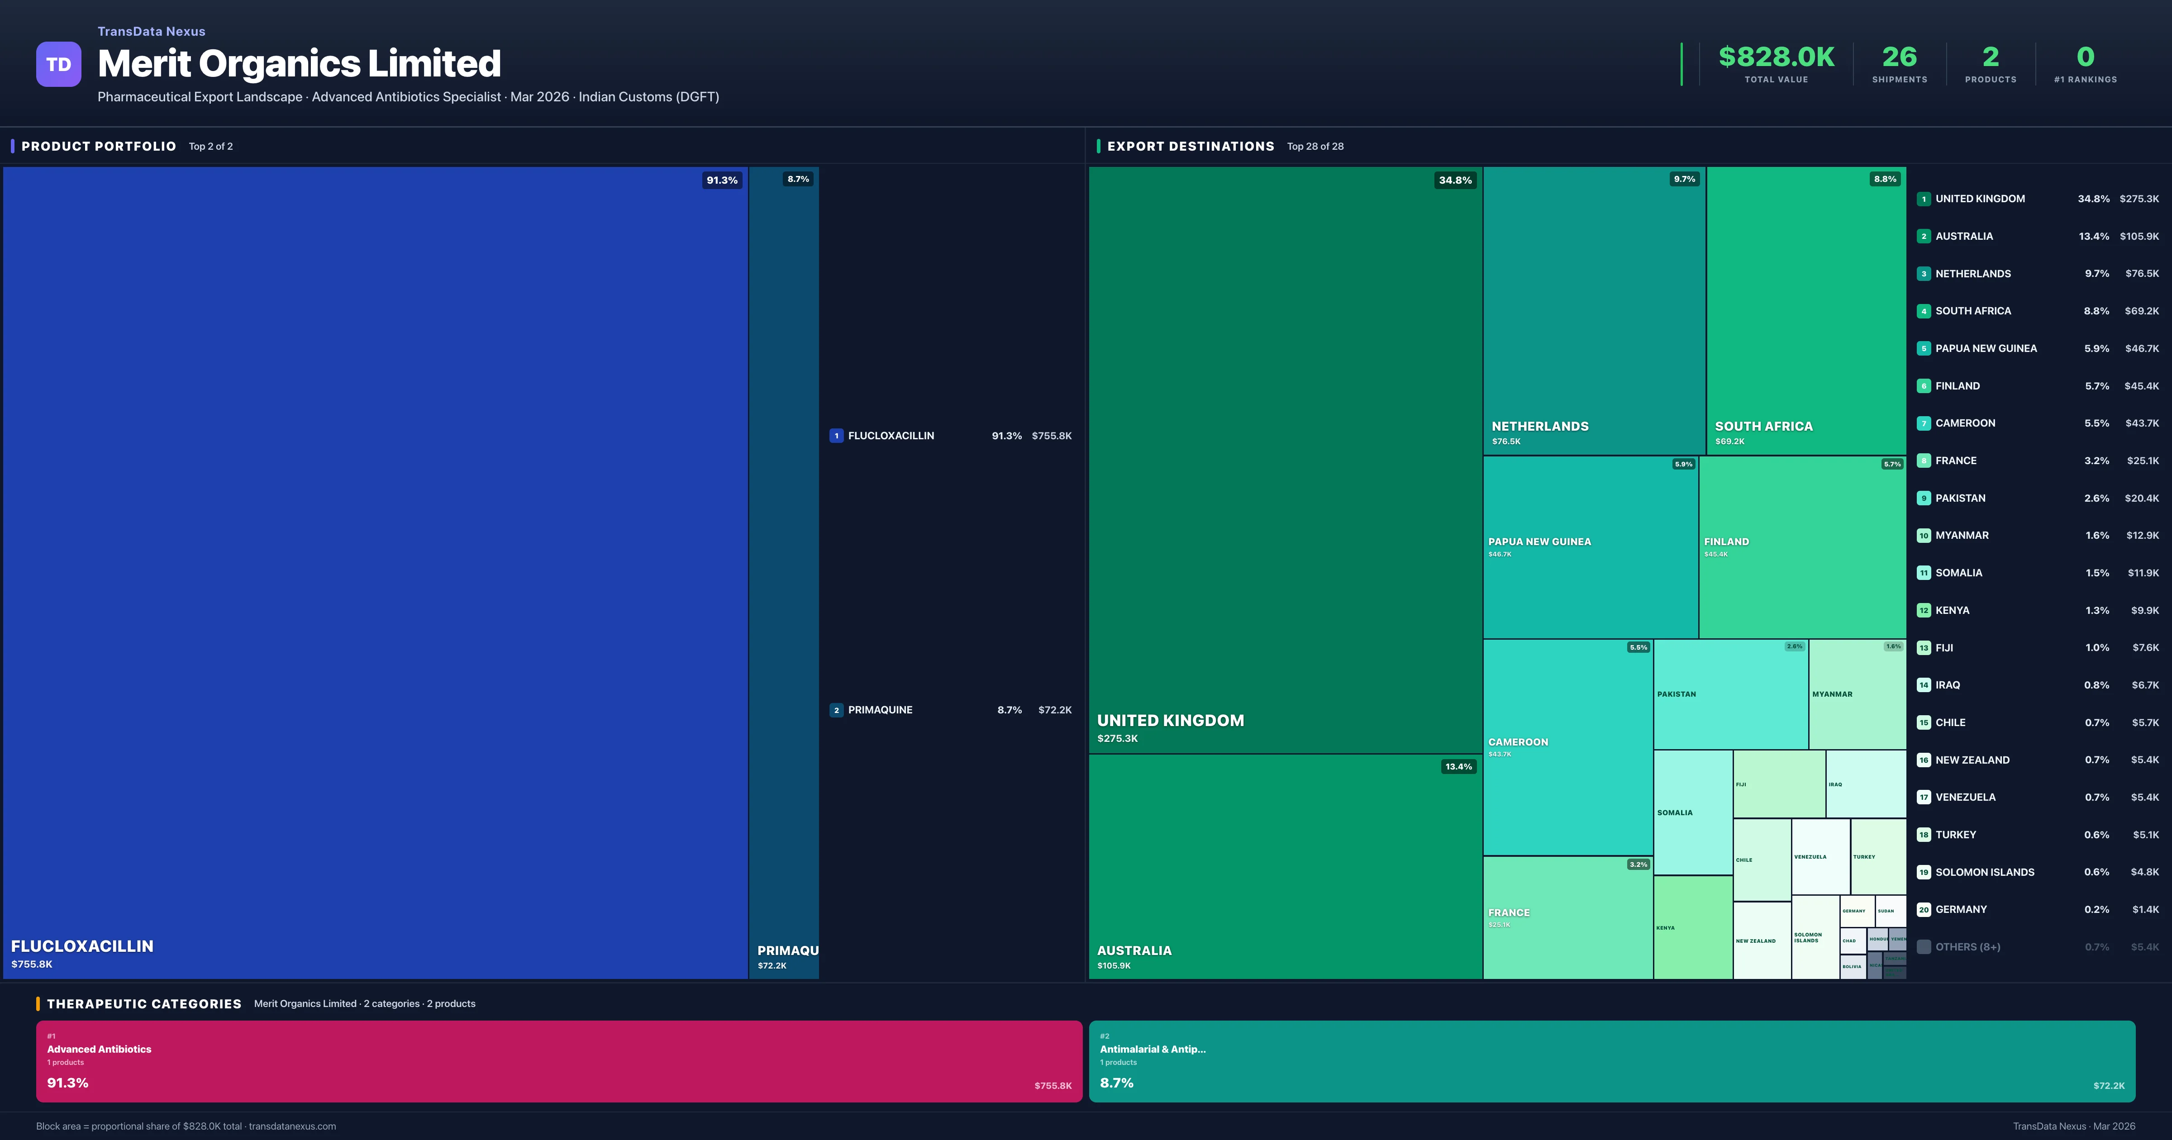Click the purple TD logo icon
point(58,64)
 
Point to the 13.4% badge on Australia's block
point(1458,766)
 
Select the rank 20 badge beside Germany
point(1923,910)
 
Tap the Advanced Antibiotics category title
point(100,1049)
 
